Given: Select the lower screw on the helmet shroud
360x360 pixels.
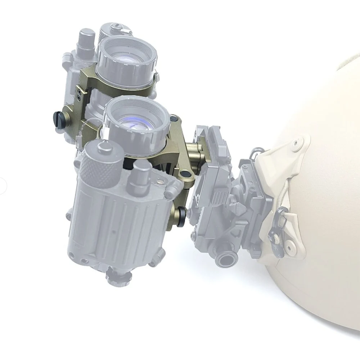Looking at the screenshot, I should coord(289,247).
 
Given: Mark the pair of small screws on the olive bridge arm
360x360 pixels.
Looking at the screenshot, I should coord(79,95).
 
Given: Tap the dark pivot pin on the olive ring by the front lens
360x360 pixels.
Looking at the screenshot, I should coord(174,118).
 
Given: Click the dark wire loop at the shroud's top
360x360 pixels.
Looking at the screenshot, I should coord(258,152).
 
